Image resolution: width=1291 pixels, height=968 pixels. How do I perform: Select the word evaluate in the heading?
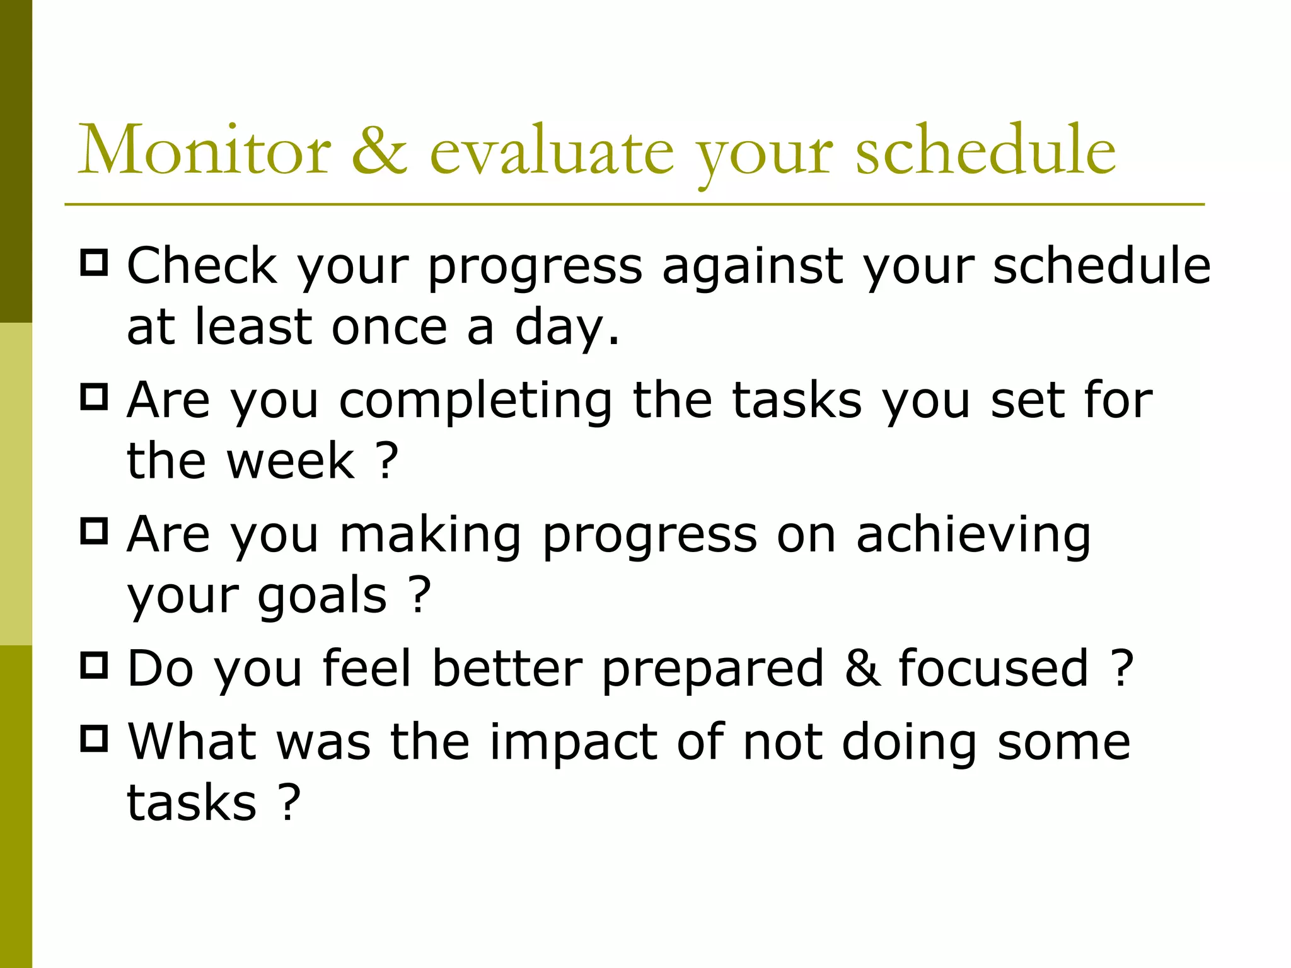tap(551, 151)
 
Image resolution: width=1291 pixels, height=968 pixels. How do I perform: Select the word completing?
tap(475, 402)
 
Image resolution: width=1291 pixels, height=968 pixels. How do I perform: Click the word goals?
tap(321, 596)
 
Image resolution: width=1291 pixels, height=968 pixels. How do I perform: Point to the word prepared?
tap(712, 669)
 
